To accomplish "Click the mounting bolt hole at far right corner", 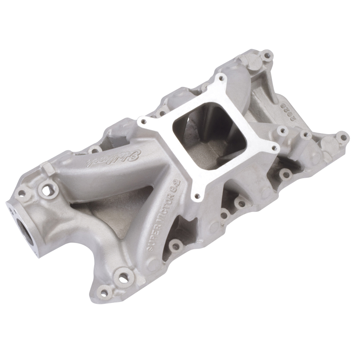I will pos(342,135).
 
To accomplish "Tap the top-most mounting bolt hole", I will pos(268,56).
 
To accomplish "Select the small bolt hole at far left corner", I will pos(21,193).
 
